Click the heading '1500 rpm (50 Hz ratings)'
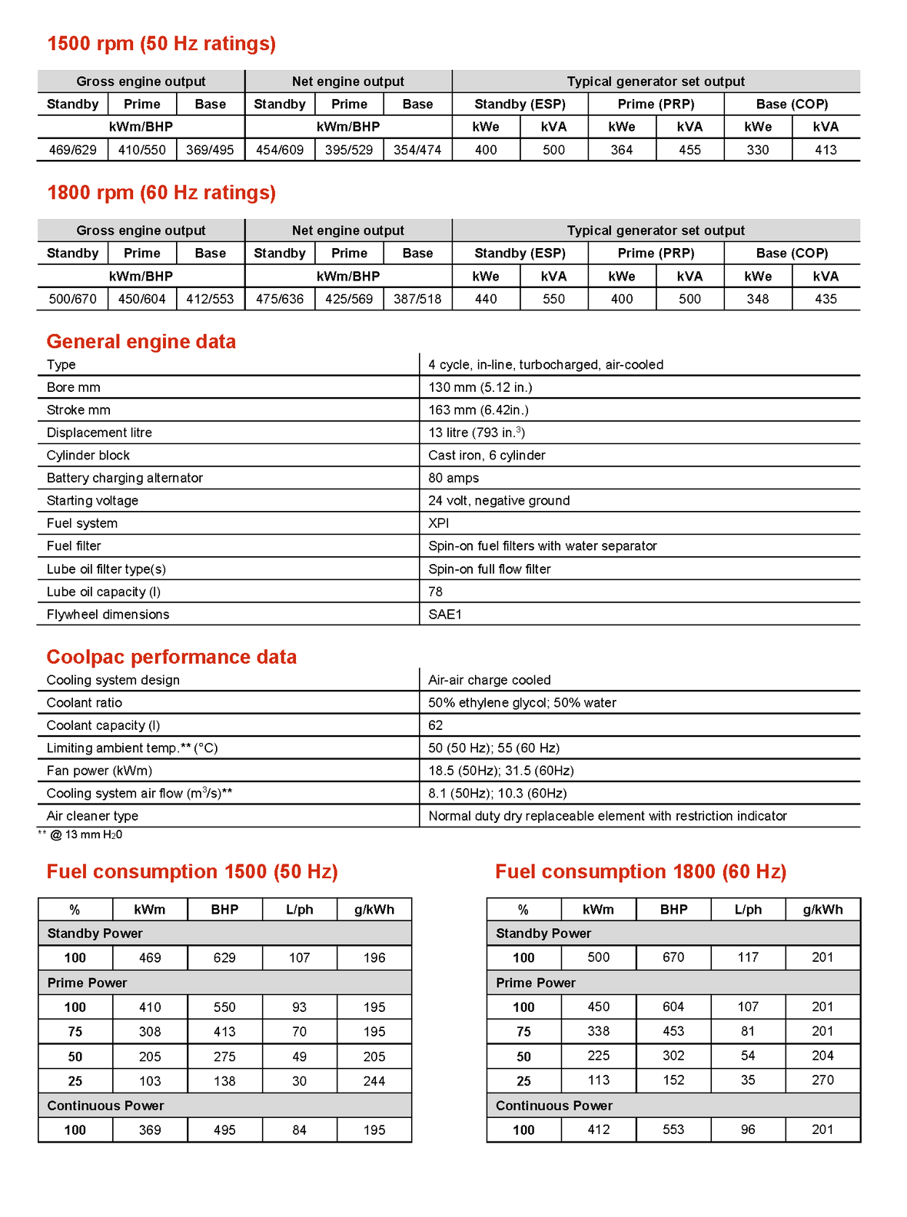[161, 44]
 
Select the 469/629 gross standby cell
[73, 150]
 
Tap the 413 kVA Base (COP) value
[826, 150]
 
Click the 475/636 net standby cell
[280, 299]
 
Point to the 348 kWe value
[757, 299]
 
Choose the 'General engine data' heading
[141, 342]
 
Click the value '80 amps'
[453, 478]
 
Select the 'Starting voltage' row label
[92, 501]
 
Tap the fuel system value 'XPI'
[439, 523]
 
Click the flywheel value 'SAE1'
[445, 615]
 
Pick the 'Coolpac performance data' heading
[171, 657]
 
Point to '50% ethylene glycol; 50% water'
[522, 703]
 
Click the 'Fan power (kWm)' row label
[99, 771]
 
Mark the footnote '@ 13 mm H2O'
[85, 835]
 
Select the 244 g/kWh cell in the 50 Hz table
[374, 1081]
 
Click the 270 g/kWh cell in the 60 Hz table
[822, 1080]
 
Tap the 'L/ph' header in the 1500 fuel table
[299, 910]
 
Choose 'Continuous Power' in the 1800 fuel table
[553, 1106]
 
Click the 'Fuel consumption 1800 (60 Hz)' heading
[640, 872]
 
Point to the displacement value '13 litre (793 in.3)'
[477, 433]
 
